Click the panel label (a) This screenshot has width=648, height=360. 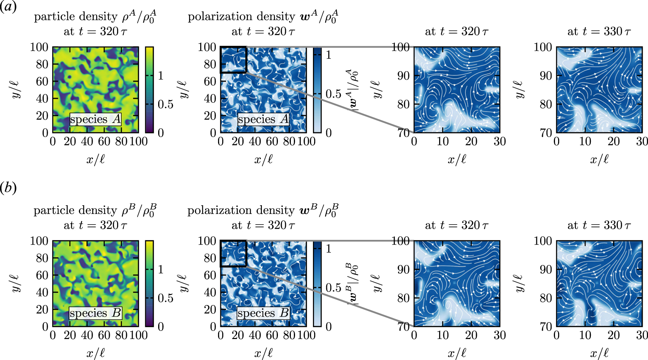tap(8, 8)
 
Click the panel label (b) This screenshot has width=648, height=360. tap(8, 188)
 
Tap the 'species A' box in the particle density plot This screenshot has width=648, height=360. tap(96, 119)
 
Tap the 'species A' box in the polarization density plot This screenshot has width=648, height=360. tap(263, 119)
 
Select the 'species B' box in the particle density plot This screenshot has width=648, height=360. tap(96, 313)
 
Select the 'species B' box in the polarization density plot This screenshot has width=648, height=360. tap(263, 313)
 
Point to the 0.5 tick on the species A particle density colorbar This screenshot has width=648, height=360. tap(165, 104)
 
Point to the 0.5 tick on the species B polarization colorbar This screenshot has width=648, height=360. tap(333, 288)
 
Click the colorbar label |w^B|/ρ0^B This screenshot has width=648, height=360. tap(353, 284)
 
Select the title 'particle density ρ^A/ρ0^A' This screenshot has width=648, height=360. tap(95, 17)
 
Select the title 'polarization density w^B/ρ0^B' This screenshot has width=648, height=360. tap(263, 211)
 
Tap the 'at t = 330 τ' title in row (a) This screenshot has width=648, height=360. tap(599, 31)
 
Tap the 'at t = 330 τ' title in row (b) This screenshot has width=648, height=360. tap(599, 225)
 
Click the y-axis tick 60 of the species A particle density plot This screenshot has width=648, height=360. tap(42, 81)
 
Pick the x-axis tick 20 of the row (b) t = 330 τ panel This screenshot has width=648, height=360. tap(614, 335)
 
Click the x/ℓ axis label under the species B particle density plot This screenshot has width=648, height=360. tap(95, 353)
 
